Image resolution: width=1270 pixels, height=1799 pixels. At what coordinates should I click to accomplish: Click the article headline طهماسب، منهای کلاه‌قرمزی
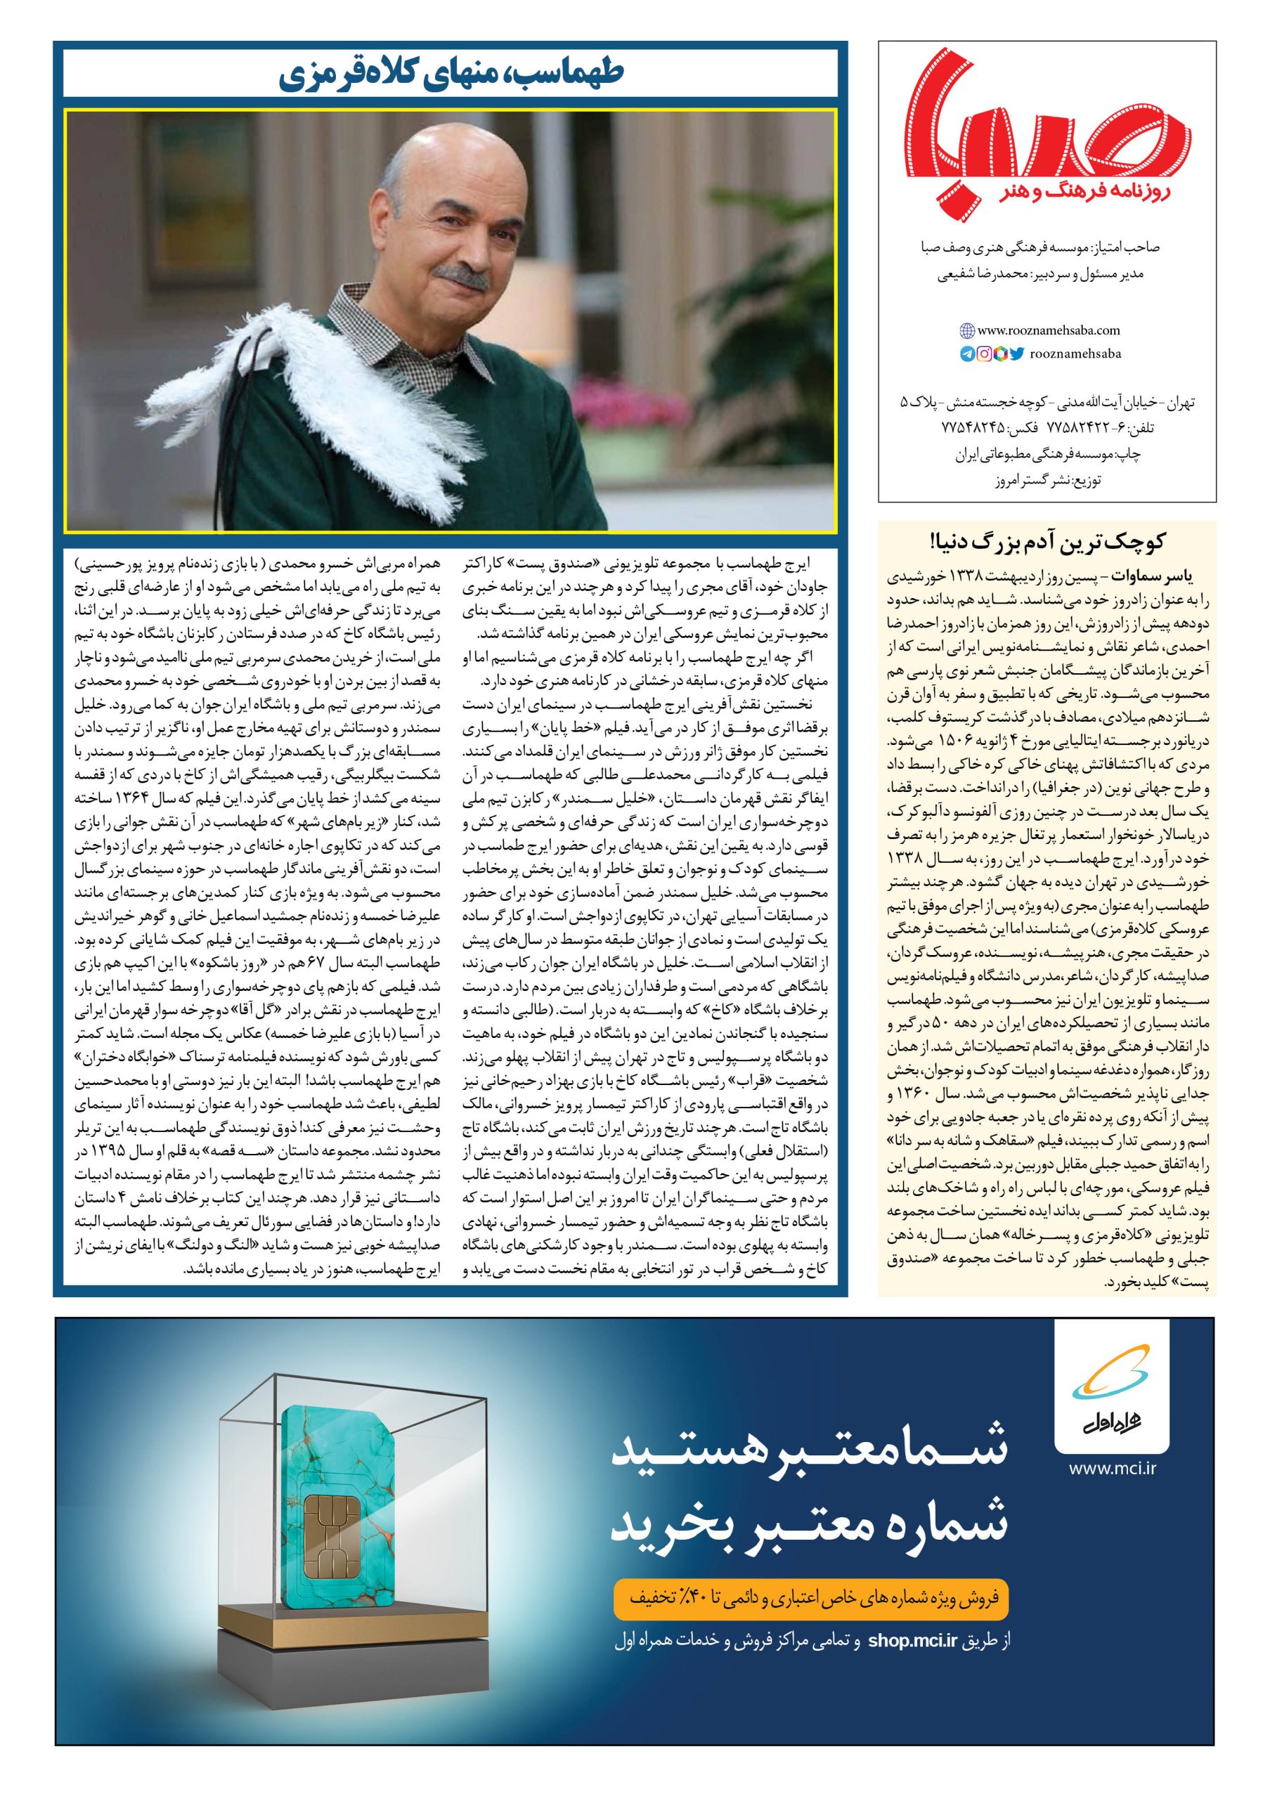pyautogui.click(x=450, y=76)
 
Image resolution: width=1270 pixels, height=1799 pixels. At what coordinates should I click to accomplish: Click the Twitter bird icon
pyautogui.click(x=1016, y=354)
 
